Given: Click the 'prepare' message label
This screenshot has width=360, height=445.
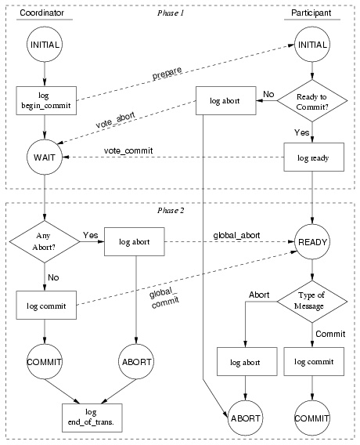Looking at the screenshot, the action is pyautogui.click(x=167, y=73).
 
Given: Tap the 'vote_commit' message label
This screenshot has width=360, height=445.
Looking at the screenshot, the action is pyautogui.click(x=128, y=150).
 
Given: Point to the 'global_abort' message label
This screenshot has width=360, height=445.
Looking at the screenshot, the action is pyautogui.click(x=236, y=235).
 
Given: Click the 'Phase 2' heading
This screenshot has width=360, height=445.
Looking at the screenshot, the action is pyautogui.click(x=171, y=210).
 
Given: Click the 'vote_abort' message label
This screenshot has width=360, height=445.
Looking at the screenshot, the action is pyautogui.click(x=115, y=120).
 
